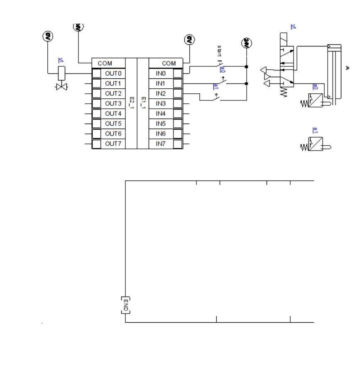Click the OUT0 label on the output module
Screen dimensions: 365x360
113,74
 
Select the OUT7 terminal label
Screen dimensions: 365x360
113,144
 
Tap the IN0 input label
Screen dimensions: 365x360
160,74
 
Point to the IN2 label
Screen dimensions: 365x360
160,94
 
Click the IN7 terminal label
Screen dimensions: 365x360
160,144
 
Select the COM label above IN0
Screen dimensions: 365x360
169,63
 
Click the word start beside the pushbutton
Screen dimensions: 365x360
219,51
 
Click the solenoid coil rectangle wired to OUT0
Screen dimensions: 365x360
61,74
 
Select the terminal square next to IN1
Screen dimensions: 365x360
178,84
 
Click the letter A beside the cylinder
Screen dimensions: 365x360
348,68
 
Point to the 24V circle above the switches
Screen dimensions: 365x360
246,43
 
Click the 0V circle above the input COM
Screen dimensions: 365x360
190,40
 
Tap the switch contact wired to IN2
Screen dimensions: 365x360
216,98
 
